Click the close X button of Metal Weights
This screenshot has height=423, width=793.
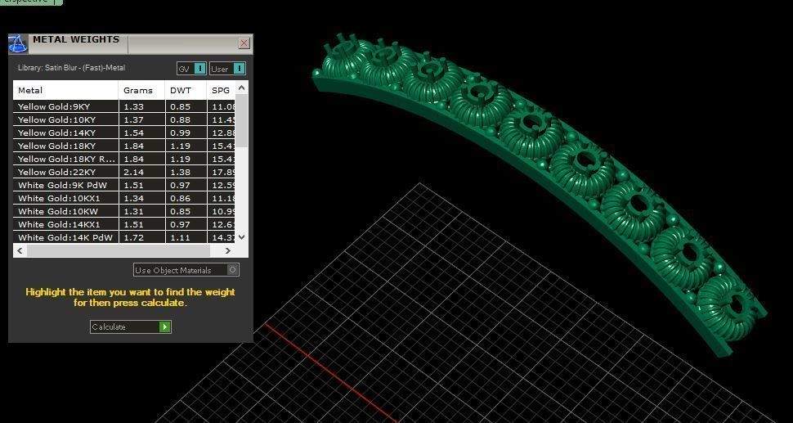[x=244, y=43]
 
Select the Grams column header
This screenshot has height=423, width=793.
[x=138, y=90]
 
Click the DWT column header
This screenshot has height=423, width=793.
[x=180, y=90]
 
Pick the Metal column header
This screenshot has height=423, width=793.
[x=30, y=90]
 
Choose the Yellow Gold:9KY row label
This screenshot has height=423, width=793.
[x=54, y=106]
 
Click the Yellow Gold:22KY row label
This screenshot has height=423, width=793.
[x=56, y=172]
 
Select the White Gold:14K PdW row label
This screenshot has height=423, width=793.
[x=65, y=237]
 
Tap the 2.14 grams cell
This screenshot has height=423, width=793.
[x=132, y=172]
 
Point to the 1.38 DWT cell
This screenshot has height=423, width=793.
[x=180, y=172]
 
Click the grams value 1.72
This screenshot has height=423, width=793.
[x=132, y=237]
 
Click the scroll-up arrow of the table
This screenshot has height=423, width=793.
[x=241, y=88]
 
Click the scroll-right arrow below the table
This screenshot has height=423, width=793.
[x=228, y=251]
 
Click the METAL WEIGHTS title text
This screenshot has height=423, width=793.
[x=75, y=39]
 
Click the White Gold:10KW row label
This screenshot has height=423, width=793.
[x=56, y=211]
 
